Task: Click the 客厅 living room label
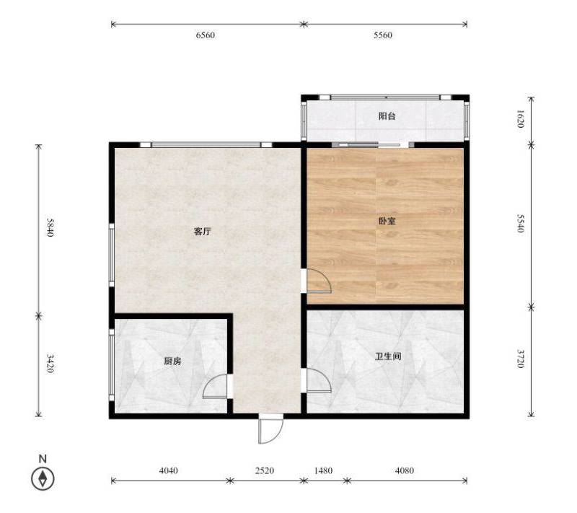coord(203,232)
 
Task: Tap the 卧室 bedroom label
coord(387,222)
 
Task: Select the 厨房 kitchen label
coord(172,361)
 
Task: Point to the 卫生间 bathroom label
coord(388,356)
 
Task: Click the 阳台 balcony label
coord(387,116)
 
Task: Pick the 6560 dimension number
coord(206,35)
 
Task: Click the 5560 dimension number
coord(383,35)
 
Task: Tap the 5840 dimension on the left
coord(50,227)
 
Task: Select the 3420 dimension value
coord(50,364)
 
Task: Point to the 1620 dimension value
coord(520,118)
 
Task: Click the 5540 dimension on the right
coord(520,224)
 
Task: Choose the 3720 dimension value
coord(520,359)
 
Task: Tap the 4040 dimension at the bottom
coord(169,470)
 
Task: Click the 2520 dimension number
coord(265,470)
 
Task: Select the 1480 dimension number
coord(323,470)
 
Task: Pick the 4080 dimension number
coord(405,470)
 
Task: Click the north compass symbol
coord(43,479)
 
